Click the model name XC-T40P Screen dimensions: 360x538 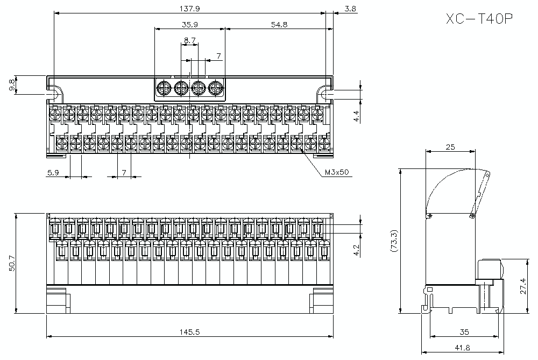pos(479,19)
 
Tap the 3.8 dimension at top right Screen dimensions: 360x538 pos(350,9)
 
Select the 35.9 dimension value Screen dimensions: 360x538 pos(190,24)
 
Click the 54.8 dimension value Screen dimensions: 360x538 pos(279,24)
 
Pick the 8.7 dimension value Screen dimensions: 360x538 pos(189,40)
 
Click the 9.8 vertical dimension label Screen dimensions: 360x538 pos(12,85)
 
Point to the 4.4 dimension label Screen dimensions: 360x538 pos(356,116)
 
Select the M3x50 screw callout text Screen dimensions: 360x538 pos(337,173)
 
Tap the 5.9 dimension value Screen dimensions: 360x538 pos(53,172)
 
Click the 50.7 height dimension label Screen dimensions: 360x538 pos(12,263)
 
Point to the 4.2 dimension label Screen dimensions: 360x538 pos(356,251)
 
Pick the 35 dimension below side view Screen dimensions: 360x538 pos(465,332)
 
